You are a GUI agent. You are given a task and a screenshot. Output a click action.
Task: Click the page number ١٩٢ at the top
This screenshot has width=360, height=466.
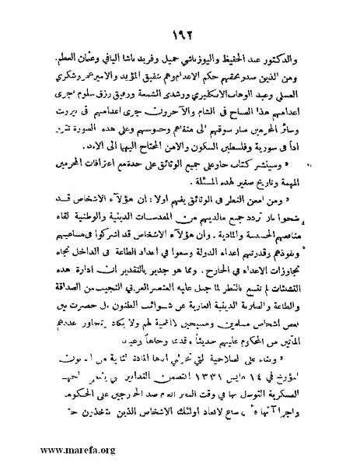pyautogui.click(x=178, y=33)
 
